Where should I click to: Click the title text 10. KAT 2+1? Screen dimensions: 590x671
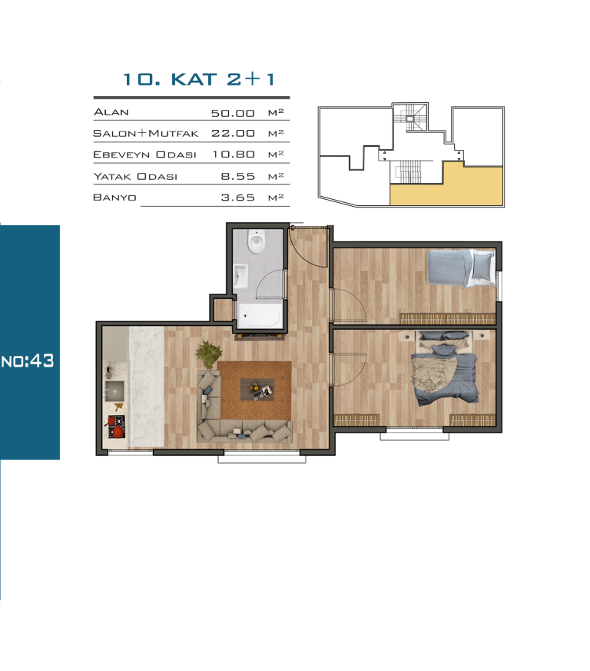[199, 79]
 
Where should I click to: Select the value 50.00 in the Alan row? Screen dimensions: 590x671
[233, 113]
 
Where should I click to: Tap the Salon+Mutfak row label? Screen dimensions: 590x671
[145, 134]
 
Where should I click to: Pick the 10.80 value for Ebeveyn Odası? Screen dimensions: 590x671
[234, 154]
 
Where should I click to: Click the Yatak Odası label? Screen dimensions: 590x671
[135, 176]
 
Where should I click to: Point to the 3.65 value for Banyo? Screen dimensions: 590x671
[238, 198]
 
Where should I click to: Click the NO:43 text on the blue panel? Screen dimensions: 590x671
[28, 360]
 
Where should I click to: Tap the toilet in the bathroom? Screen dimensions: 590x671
[257, 242]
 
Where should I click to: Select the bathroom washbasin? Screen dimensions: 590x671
[240, 276]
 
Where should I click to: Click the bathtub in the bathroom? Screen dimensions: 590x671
[260, 316]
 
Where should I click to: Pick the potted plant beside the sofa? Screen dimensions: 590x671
[209, 354]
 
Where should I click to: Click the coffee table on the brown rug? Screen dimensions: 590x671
[257, 390]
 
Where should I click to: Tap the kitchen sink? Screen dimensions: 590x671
[114, 391]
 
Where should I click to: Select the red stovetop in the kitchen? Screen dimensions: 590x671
[115, 427]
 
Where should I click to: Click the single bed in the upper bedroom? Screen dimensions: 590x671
[460, 268]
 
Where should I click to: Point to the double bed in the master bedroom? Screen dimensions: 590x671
[445, 368]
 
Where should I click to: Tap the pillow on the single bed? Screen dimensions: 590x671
[482, 266]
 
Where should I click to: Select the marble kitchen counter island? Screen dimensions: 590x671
[146, 387]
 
